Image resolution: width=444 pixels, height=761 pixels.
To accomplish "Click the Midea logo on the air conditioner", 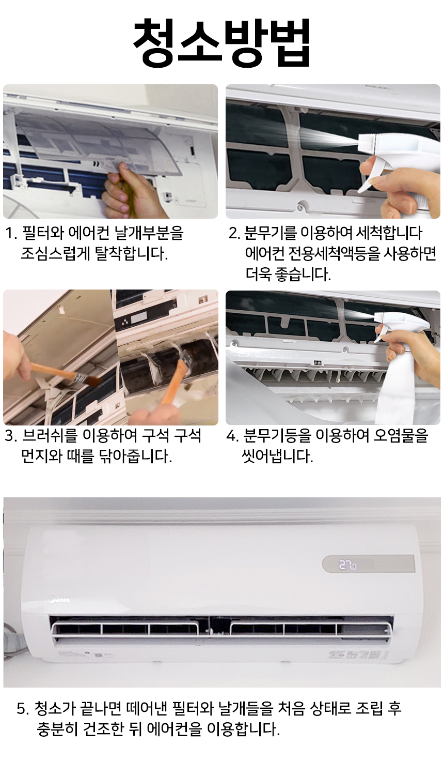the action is point(60,600).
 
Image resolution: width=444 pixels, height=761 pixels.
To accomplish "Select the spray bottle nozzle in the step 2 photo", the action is point(367,142).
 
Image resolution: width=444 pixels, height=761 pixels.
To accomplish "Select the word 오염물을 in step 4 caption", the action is point(400,435).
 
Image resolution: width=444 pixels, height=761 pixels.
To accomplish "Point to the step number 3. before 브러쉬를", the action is point(11,436).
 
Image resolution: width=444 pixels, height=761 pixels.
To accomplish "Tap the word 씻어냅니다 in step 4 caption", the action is point(277,456).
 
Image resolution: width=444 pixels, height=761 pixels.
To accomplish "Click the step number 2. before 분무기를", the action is point(235,233).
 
